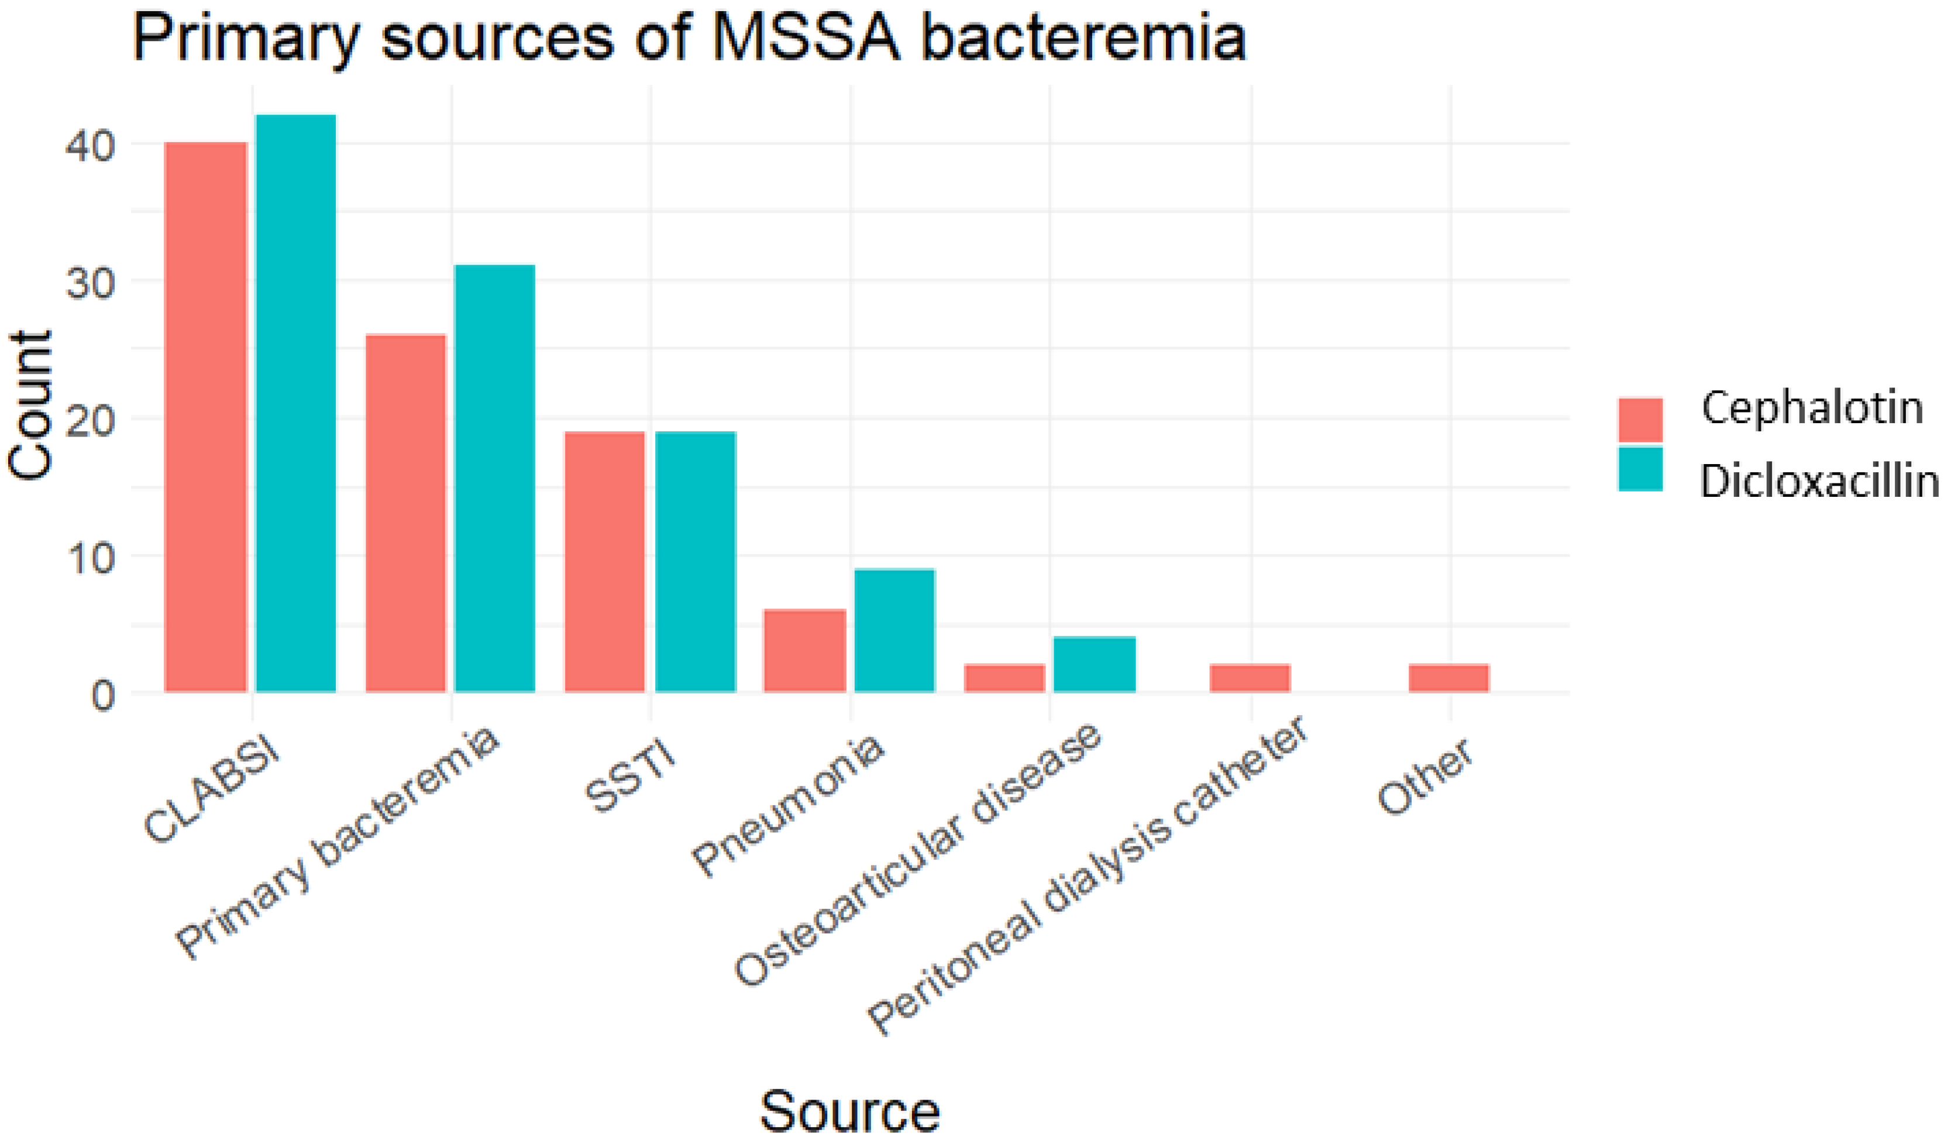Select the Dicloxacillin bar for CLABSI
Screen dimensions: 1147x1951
(x=296, y=403)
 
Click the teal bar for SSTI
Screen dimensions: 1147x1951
(x=695, y=561)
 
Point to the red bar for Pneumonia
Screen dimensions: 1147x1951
(x=804, y=651)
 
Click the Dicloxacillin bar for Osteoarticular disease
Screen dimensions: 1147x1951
(x=1094, y=665)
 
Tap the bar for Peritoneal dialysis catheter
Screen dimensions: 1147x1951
(x=1250, y=678)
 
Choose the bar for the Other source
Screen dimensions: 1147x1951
(x=1448, y=678)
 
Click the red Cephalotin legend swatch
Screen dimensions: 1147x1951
(x=1640, y=419)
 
